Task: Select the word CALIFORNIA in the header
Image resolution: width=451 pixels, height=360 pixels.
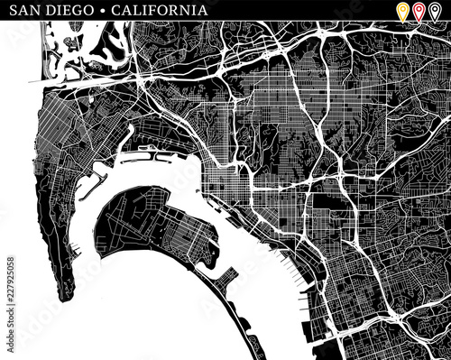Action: click(x=159, y=11)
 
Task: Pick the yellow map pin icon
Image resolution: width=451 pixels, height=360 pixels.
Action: click(x=402, y=12)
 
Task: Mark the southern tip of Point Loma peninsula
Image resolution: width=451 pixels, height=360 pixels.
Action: click(x=66, y=298)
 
